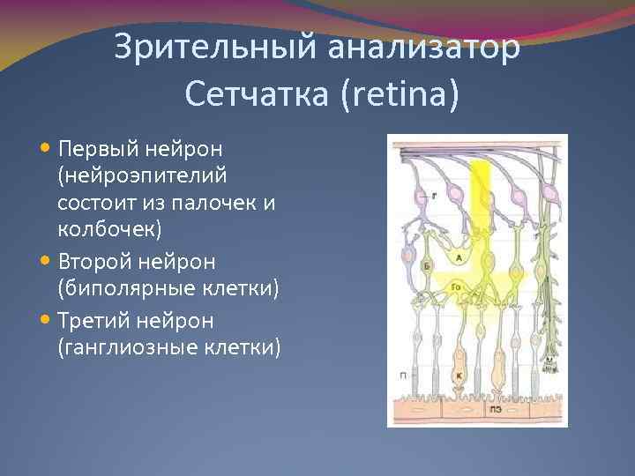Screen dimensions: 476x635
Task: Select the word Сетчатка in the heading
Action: (x=256, y=93)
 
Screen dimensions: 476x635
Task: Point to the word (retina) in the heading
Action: (x=398, y=93)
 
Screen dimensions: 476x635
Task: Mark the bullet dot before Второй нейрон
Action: (x=46, y=261)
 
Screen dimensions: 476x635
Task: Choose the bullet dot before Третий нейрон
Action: (x=46, y=318)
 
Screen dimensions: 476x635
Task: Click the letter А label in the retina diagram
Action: (x=459, y=257)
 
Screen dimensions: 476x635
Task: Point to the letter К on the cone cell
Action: (x=459, y=375)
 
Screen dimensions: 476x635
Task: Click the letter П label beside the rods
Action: (x=402, y=375)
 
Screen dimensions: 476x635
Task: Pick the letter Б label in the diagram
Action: (x=427, y=264)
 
